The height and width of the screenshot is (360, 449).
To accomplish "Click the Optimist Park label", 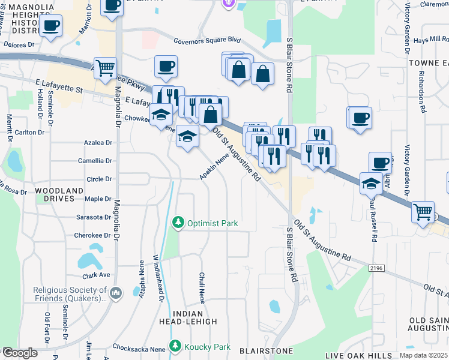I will click(x=212, y=223).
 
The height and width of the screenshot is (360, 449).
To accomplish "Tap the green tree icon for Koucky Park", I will click(x=175, y=346).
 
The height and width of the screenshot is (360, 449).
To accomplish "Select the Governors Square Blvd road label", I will click(x=207, y=41).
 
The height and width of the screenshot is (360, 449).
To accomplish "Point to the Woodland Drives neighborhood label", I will click(x=58, y=194).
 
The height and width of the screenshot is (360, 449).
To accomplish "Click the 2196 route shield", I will click(x=376, y=268).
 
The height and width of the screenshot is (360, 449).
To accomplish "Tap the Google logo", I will click(x=19, y=353).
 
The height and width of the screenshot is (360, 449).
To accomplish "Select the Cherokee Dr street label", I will click(x=93, y=235).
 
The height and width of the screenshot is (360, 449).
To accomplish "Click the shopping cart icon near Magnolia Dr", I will click(x=105, y=68).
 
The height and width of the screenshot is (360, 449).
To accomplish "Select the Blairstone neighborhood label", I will click(x=265, y=350).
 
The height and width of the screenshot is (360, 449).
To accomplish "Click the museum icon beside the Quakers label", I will click(x=116, y=293).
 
